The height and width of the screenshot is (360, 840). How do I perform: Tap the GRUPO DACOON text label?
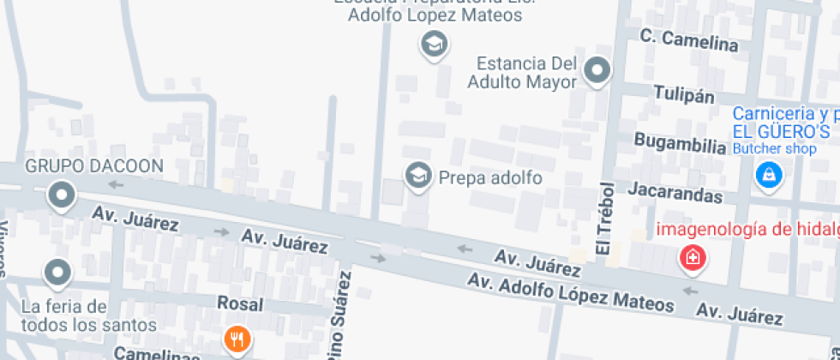(x=94, y=165)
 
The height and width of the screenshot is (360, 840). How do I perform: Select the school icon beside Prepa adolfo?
(x=418, y=177)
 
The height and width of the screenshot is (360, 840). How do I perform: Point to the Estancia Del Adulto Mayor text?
(x=523, y=73)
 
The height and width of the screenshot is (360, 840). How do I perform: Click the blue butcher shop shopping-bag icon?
(x=769, y=176)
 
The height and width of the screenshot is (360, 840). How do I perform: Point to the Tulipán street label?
(x=683, y=93)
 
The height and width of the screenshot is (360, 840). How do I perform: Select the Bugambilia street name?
(x=680, y=141)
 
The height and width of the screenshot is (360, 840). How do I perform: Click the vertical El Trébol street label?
(x=607, y=219)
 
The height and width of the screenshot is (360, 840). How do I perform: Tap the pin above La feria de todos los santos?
(x=57, y=273)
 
